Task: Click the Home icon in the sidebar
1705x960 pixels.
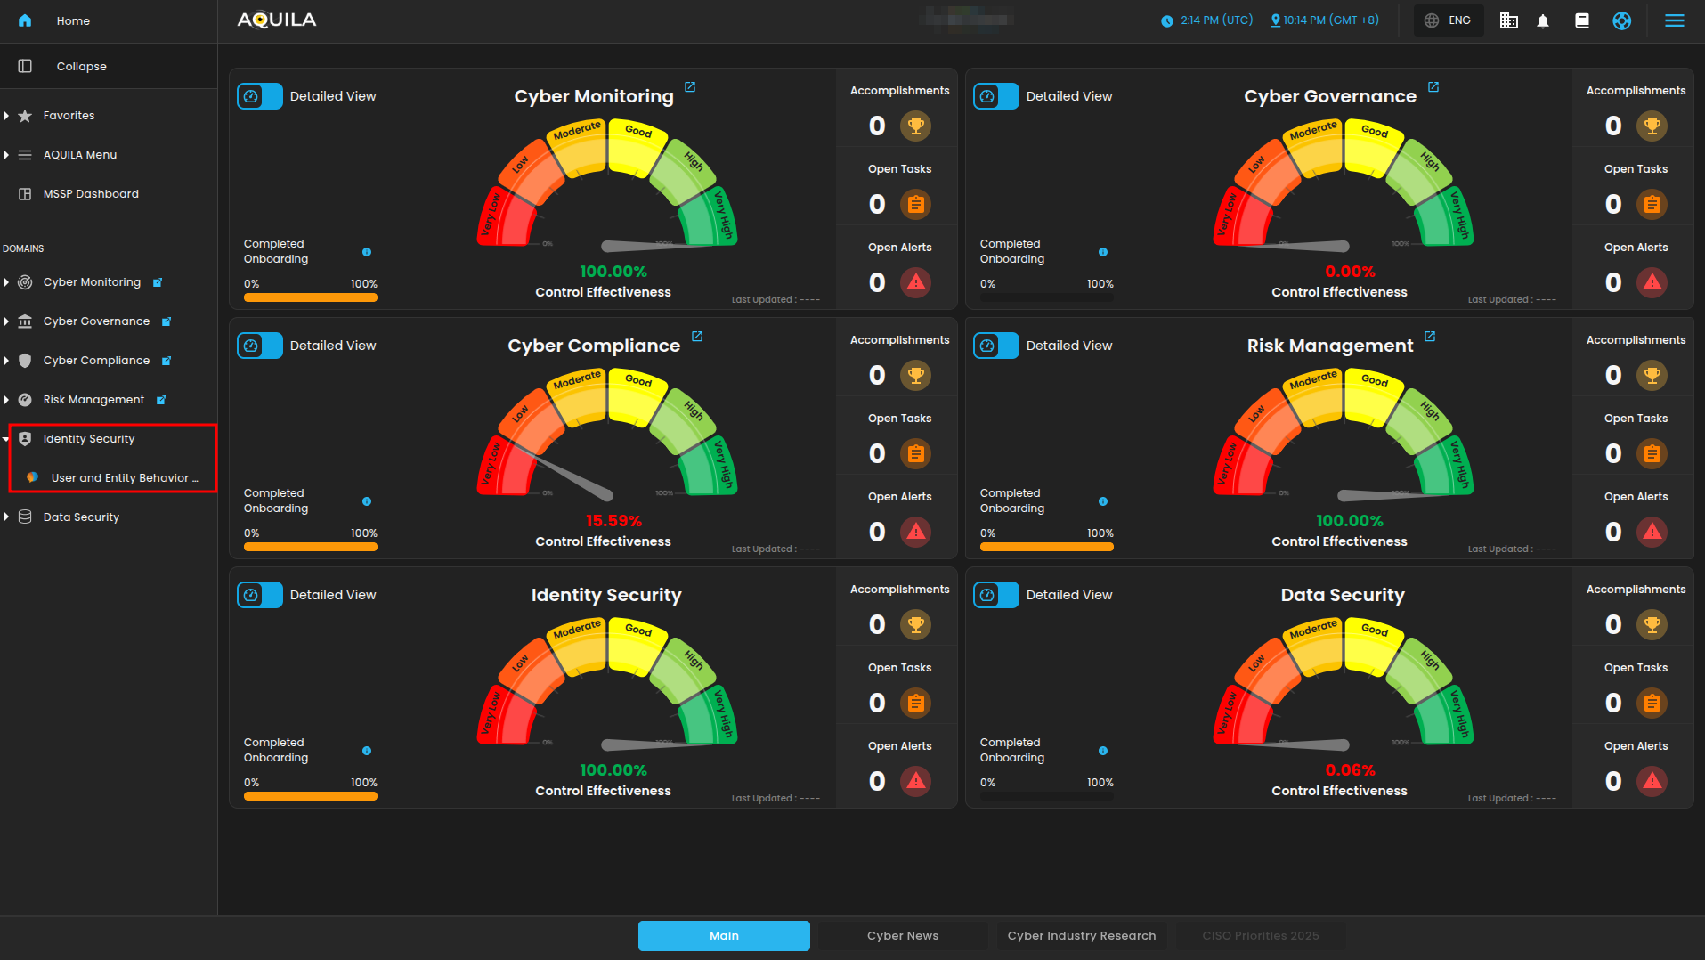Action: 25,20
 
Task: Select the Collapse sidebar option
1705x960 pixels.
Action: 81,67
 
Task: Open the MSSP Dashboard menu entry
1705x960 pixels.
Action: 91,194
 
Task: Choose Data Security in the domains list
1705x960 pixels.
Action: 81,517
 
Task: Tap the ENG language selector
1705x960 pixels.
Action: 1449,20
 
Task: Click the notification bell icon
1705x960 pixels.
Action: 1543,21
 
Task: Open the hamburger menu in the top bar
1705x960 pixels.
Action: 1674,20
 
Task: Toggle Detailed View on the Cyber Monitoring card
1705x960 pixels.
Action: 260,96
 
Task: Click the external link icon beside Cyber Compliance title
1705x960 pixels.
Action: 697,337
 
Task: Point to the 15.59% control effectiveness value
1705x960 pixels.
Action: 613,521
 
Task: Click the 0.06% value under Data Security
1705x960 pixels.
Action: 1350,770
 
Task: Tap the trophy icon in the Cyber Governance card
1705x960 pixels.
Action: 1652,126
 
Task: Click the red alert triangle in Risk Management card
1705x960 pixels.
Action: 1652,533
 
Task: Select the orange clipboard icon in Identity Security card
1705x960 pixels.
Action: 915,704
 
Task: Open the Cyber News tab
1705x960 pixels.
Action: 903,936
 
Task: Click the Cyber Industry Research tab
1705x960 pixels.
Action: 1081,936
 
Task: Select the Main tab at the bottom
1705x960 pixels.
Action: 724,936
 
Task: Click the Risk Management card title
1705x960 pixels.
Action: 1329,346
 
